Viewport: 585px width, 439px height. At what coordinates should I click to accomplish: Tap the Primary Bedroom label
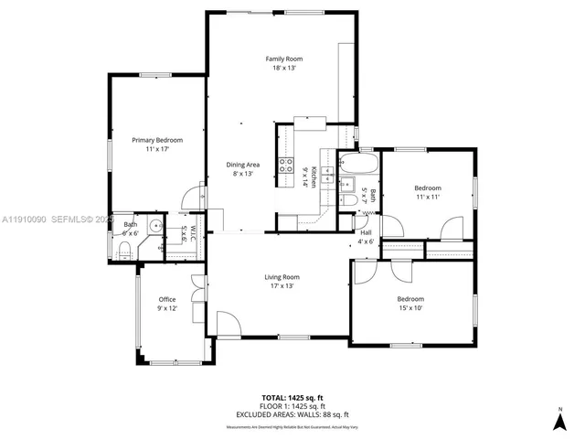point(157,140)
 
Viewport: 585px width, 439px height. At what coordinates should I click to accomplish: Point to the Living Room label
point(282,277)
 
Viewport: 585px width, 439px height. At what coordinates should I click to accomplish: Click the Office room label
point(166,299)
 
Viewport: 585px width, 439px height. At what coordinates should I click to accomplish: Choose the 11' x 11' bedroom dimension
point(428,197)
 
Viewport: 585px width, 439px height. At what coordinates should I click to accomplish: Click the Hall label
point(366,232)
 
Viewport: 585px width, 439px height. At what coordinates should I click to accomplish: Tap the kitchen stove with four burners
point(286,166)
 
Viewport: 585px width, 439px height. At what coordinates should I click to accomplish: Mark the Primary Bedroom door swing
point(194,195)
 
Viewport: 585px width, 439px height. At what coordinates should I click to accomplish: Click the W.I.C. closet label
point(188,233)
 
